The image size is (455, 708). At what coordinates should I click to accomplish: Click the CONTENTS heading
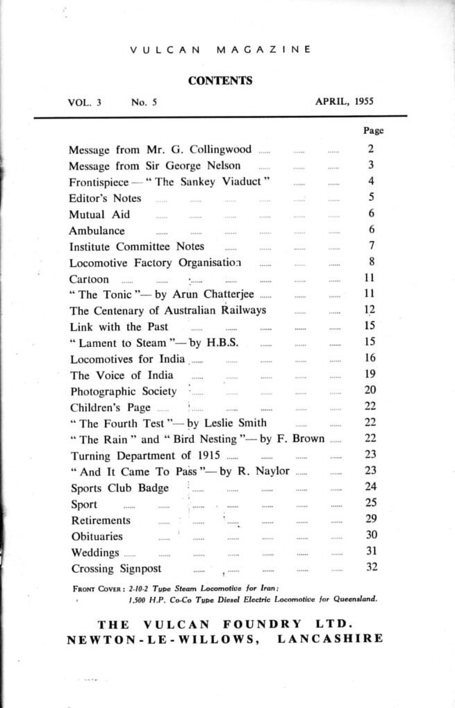click(x=220, y=81)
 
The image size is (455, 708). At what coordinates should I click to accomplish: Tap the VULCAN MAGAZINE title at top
click(x=220, y=50)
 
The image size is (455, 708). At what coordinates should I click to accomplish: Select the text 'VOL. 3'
click(x=85, y=101)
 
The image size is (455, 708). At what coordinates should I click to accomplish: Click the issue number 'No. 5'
click(x=144, y=101)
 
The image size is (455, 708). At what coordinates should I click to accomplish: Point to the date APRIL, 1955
click(x=344, y=101)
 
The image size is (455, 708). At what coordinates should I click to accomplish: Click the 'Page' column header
click(x=373, y=130)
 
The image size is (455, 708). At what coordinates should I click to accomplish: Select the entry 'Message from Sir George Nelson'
click(x=155, y=165)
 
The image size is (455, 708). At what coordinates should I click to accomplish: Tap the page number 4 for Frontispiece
click(x=371, y=181)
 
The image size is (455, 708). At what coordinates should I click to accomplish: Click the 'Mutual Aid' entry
click(x=99, y=214)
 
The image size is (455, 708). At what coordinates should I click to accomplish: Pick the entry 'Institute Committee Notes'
click(x=137, y=246)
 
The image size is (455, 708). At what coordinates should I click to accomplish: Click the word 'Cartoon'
click(x=89, y=278)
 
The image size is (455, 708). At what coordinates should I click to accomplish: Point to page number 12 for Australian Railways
click(x=370, y=310)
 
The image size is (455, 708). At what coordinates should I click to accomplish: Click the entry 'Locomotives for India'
click(x=127, y=358)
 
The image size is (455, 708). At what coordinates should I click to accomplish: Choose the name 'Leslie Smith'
click(x=236, y=423)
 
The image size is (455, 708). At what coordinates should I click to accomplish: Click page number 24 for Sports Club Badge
click(x=370, y=487)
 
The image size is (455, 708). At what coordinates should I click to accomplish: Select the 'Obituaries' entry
click(x=97, y=536)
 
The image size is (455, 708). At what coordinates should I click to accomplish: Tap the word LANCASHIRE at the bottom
click(x=331, y=639)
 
